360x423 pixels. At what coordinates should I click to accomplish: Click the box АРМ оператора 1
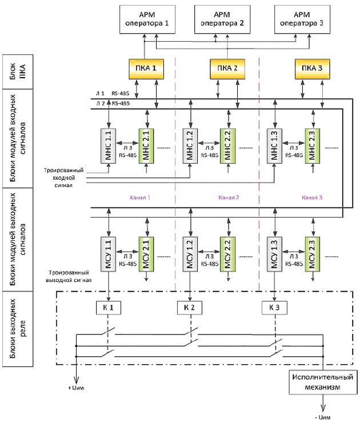coord(147,19)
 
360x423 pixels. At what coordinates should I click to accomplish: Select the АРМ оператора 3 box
coord(302,19)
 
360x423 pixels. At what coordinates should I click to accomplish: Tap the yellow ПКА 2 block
coord(227,69)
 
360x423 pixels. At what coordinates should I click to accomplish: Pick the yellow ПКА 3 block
coord(312,69)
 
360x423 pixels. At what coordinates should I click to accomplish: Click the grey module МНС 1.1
coord(109,146)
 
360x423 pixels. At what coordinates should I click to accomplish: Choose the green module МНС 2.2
coord(227,146)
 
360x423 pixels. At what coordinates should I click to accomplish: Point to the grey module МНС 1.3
coord(274,146)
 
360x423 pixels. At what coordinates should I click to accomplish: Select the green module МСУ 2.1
coord(146,254)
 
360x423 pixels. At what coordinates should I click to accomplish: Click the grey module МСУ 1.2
coord(190,254)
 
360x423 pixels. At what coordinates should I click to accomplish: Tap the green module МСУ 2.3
coord(313,254)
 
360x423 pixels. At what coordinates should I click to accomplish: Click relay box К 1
coord(109,308)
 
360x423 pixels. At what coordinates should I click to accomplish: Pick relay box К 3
coord(274,308)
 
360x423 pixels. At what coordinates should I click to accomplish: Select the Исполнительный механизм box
coord(323,382)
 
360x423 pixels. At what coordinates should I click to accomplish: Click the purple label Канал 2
coord(229,198)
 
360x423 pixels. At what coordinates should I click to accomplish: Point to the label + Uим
coord(76,388)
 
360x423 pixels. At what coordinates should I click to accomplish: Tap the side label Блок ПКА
coord(18,71)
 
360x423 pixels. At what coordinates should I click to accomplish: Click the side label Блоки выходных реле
coord(18,328)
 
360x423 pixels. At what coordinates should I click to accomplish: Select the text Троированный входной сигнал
coord(64,178)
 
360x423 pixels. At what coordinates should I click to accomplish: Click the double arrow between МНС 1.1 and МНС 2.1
coord(127,143)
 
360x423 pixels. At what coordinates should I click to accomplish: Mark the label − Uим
coord(322,417)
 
